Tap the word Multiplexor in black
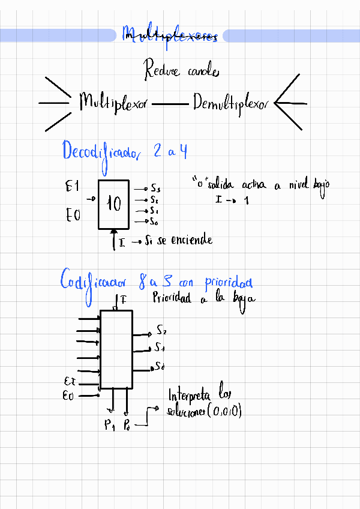[113, 103]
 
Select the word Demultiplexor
[231, 105]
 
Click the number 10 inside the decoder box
[113, 205]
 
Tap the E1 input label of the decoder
[72, 187]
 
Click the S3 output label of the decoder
[155, 188]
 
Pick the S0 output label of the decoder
[154, 222]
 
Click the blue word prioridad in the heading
[228, 282]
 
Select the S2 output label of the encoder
[161, 330]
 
